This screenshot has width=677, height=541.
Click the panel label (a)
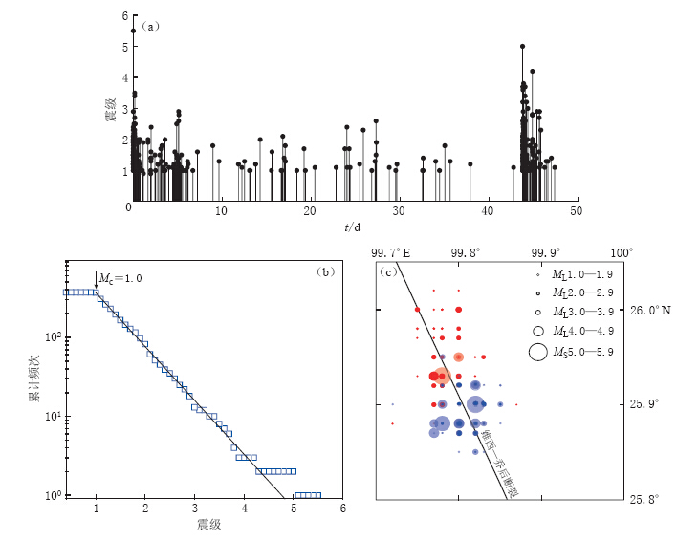pyautogui.click(x=149, y=26)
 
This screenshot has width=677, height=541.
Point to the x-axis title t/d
pyautogui.click(x=353, y=227)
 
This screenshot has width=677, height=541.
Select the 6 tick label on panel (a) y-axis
pyautogui.click(x=125, y=16)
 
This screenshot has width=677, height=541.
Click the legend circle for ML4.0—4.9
pyautogui.click(x=538, y=331)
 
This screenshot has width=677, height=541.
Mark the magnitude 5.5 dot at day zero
pyautogui.click(x=133, y=31)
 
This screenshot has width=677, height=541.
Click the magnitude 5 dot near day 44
pyautogui.click(x=522, y=46)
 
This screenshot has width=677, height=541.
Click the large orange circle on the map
pyautogui.click(x=442, y=377)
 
